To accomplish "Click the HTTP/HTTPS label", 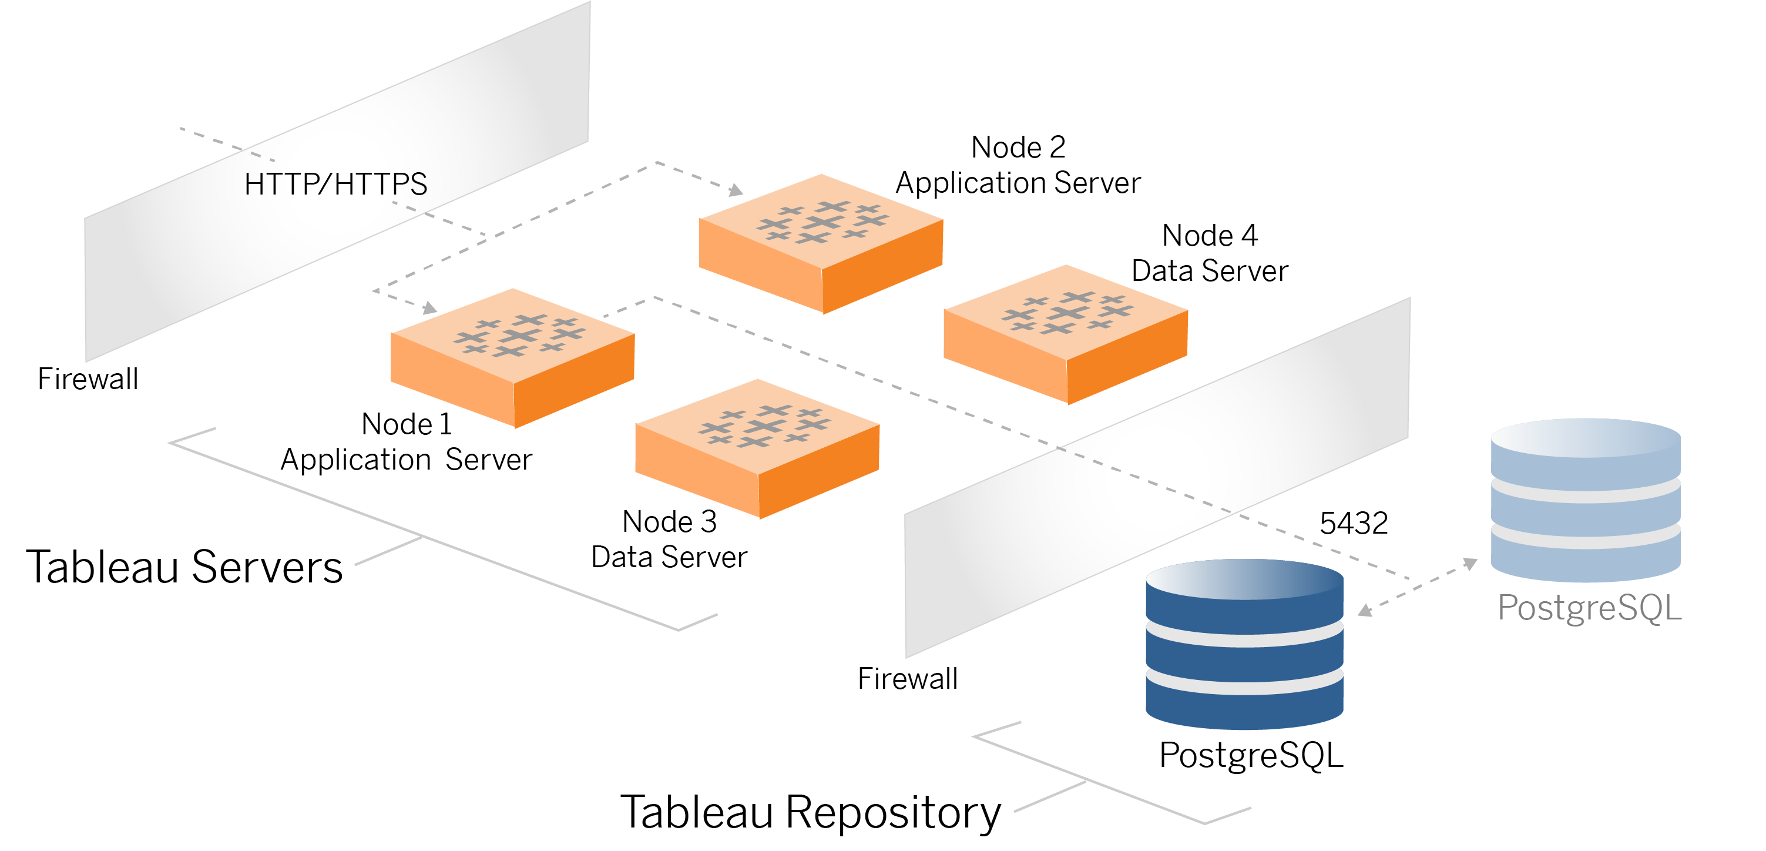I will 335,184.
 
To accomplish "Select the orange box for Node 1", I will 512,357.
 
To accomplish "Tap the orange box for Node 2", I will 821,243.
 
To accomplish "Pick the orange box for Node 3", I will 757,448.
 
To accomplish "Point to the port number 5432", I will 1354,523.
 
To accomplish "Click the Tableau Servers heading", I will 184,567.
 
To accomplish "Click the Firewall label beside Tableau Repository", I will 908,678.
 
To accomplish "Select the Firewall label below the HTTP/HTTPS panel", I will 88,378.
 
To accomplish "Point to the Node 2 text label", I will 1018,148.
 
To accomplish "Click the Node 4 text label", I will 1210,235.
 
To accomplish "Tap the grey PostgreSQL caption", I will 1589,608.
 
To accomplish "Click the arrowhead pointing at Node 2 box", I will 736,190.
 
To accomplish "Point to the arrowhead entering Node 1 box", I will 430,308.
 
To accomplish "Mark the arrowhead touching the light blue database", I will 1470,564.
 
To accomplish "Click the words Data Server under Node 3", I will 669,557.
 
